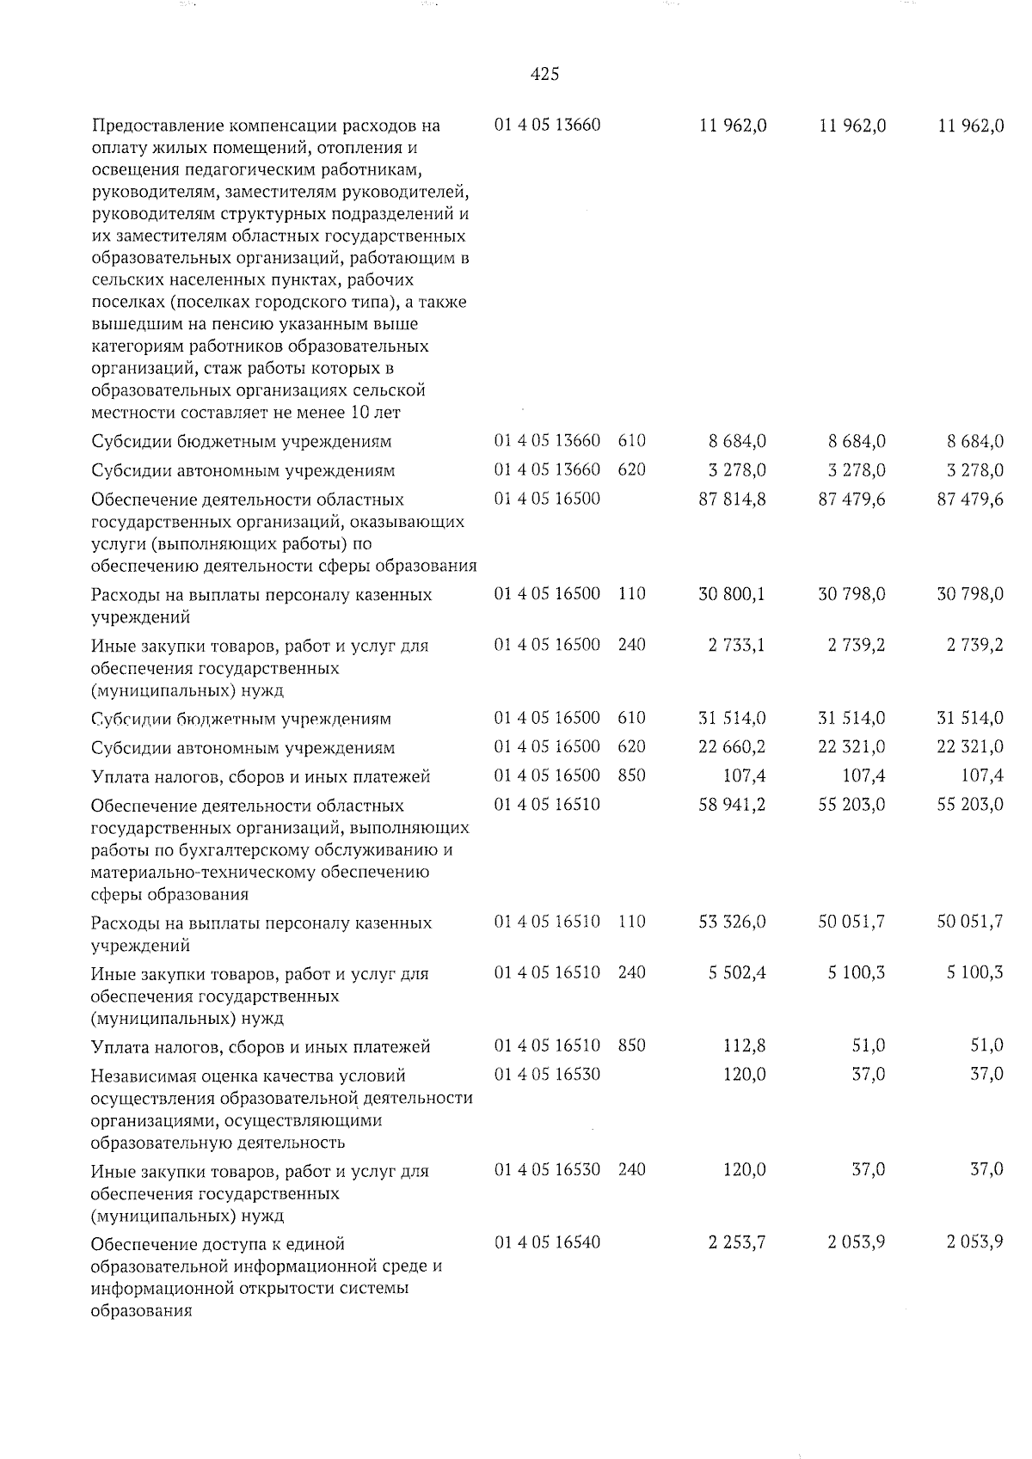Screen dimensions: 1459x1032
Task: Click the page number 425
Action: [545, 75]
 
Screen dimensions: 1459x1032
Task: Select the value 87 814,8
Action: [733, 500]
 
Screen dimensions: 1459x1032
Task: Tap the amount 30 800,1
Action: [733, 594]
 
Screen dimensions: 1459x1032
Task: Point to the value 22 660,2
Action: [733, 747]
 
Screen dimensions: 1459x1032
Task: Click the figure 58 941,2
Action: [733, 806]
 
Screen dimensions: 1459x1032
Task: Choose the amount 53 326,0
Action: [733, 923]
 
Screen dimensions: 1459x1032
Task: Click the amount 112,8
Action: [744, 1046]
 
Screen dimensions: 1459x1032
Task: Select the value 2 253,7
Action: [738, 1243]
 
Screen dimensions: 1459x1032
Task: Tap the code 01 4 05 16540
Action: [547, 1243]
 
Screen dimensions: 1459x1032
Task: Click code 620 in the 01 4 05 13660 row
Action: [631, 470]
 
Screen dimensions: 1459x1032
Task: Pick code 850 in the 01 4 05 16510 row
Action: [631, 1046]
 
